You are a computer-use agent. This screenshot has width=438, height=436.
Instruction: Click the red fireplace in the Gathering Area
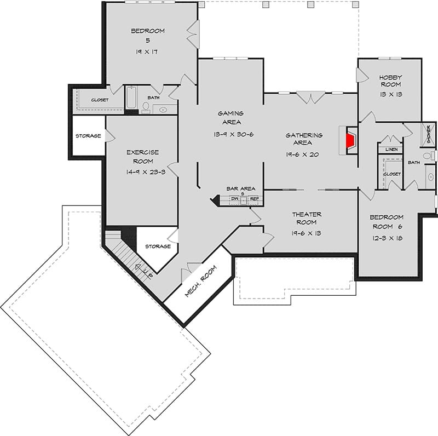coord(351,141)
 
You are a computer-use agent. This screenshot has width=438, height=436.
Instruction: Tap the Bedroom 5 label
coord(148,36)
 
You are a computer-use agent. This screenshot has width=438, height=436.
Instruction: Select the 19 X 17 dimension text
coord(147,51)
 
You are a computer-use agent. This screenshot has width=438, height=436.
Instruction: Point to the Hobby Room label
coord(390,81)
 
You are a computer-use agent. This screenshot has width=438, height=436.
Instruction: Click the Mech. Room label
coord(200,281)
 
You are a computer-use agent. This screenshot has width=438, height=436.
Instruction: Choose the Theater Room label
coord(307,219)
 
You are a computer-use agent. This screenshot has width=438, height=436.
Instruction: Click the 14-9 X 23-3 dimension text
coord(146,172)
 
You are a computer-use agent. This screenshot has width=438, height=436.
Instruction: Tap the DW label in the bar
coord(235,199)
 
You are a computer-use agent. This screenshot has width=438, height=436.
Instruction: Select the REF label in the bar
coord(254,199)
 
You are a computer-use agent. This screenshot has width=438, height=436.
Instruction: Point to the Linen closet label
coord(391,150)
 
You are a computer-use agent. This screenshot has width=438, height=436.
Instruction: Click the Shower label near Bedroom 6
coord(429,134)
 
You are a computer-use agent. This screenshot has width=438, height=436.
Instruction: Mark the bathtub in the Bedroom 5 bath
coord(131,97)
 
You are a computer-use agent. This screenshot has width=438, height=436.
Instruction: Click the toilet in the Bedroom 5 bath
coord(146,107)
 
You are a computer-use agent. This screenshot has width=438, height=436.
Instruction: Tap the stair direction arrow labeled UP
coord(144,271)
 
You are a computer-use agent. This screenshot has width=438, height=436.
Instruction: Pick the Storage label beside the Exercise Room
coord(88,136)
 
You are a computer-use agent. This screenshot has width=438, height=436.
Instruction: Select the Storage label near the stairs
coord(158,246)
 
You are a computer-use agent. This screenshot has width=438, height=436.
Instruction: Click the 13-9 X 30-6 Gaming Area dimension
coord(234,134)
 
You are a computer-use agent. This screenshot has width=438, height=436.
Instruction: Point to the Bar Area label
coord(241,188)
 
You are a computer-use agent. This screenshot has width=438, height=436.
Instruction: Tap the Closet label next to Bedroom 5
coord(100,100)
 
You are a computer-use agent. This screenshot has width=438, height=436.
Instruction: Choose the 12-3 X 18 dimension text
coord(387,238)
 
